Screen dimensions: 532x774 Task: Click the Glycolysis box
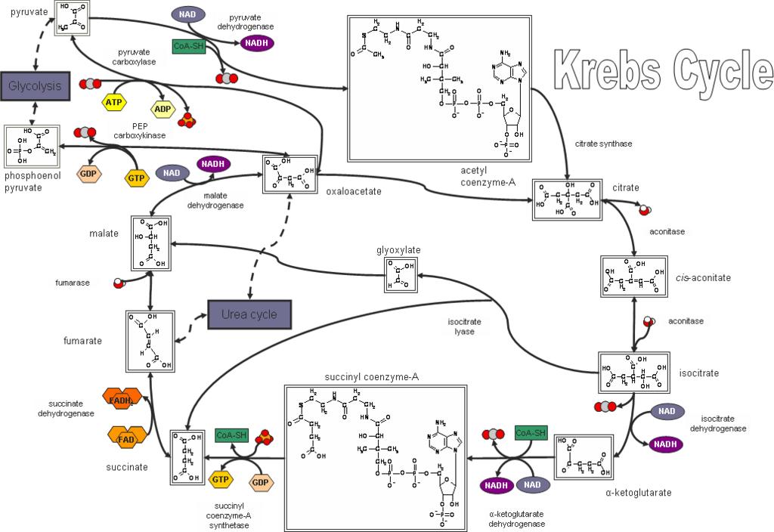pos(35,85)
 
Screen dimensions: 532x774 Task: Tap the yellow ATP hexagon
pos(113,101)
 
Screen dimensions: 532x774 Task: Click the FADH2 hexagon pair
pos(122,400)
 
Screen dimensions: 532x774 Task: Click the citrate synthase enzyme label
pos(602,143)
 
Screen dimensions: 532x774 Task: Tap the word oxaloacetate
pos(353,191)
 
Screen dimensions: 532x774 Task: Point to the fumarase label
pos(73,283)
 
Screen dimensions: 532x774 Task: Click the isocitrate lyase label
pos(463,326)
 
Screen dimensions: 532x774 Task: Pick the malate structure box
pos(151,243)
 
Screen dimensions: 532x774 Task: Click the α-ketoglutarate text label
pos(638,493)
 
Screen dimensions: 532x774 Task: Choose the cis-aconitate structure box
pos(633,277)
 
